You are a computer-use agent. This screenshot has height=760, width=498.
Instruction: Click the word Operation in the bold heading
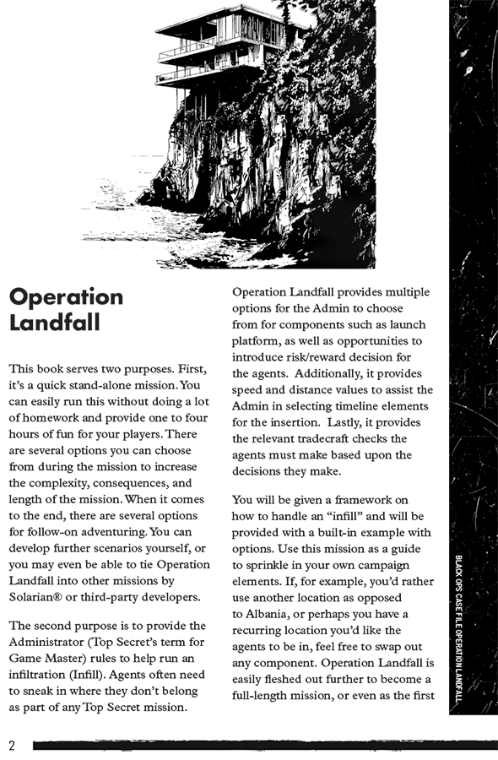66,297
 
